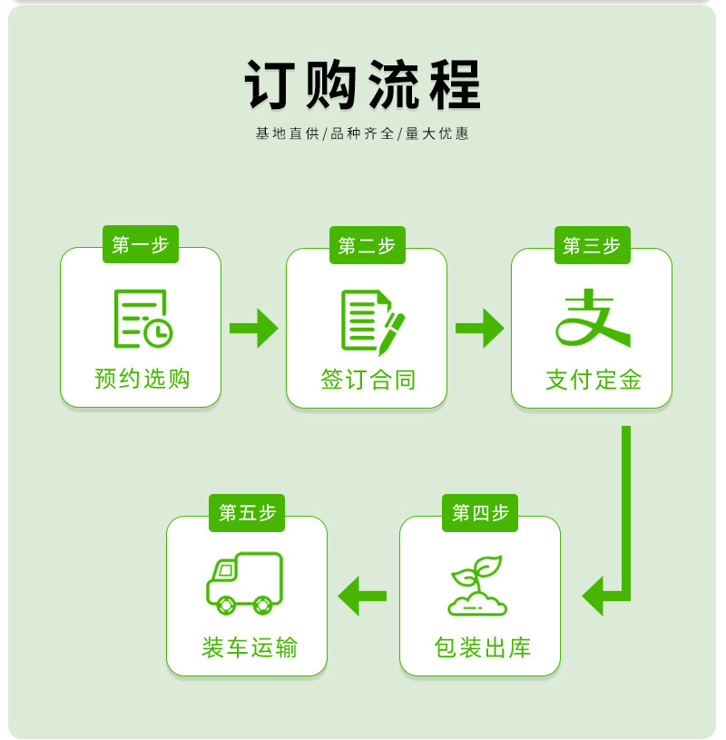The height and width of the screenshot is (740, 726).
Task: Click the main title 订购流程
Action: [362, 86]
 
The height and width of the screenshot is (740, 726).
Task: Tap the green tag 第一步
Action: [141, 244]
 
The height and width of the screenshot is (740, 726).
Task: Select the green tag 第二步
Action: [367, 245]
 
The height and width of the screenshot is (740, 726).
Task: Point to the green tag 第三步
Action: [592, 245]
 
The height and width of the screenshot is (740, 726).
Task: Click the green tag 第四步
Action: [480, 513]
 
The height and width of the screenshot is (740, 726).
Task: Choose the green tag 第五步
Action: [247, 513]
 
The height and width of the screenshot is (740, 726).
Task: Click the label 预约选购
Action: [142, 379]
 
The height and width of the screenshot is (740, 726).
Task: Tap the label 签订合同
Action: [368, 379]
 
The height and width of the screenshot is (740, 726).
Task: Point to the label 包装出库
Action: [482, 647]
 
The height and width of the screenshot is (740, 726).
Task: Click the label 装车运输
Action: [250, 647]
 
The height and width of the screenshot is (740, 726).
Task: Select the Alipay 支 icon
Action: [593, 318]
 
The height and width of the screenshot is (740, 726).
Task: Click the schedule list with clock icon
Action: [142, 319]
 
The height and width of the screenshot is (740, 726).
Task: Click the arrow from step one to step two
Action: [254, 328]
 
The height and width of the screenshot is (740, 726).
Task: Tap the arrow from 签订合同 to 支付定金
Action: [479, 328]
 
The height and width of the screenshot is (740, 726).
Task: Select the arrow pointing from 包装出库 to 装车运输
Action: [362, 596]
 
